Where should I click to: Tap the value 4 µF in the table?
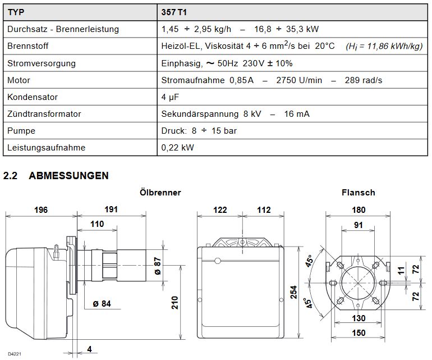pos(171,97)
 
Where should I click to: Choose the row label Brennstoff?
pos(29,46)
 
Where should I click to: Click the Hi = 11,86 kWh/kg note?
pos(384,46)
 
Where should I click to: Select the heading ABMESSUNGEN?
pos(68,176)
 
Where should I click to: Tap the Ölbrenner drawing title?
pos(160,193)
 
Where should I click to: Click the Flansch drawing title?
pos(358,193)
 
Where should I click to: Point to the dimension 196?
pos(41,209)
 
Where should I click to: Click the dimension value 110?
pos(97,224)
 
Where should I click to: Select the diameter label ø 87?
pos(158,266)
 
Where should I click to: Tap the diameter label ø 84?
pos(103,304)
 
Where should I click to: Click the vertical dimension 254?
pos(293,292)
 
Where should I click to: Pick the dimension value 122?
pos(220,209)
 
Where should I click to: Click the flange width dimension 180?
pos(358,209)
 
